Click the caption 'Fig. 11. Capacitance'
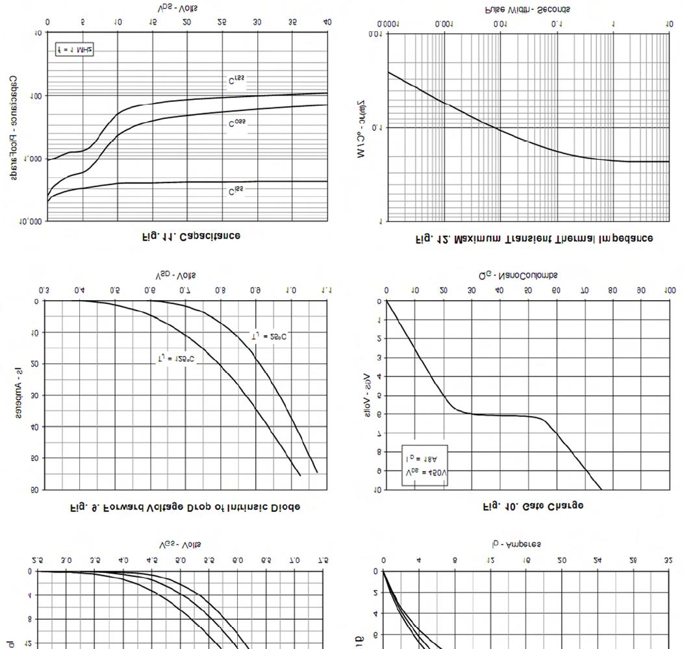[191, 236]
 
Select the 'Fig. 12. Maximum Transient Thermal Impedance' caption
[534, 238]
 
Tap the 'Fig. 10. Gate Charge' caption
[533, 505]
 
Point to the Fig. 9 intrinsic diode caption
[184, 507]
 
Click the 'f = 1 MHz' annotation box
[74, 49]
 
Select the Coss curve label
[237, 123]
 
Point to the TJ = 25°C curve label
[268, 336]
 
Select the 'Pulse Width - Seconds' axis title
[527, 9]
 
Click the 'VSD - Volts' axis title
[177, 275]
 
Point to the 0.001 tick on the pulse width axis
[444, 24]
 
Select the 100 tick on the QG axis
[669, 290]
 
